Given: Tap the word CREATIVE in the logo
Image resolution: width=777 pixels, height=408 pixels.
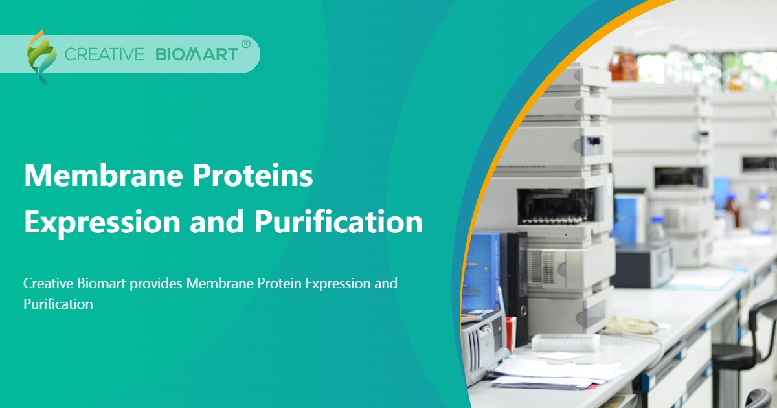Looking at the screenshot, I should coord(104,54).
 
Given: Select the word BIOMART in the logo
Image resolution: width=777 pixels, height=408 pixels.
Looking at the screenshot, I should coord(197,54).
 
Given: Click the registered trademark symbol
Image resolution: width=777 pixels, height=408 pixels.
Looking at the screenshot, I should coord(245,44).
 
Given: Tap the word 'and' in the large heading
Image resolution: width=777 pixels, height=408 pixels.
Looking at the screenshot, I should coord(216,222).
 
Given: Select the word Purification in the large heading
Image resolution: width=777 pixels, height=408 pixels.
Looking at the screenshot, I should coord(338,222).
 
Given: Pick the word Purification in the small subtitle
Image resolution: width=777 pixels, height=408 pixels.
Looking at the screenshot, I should coord(58,304).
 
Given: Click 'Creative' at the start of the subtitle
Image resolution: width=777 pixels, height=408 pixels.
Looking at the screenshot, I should coord(47,284).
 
